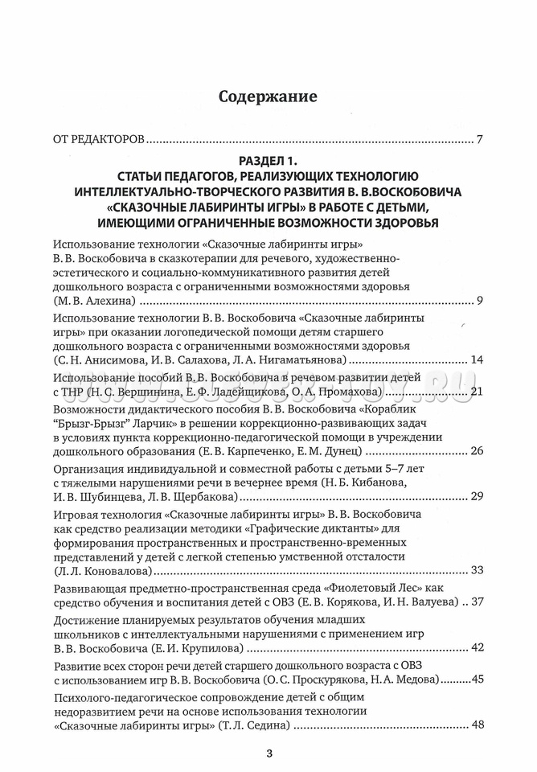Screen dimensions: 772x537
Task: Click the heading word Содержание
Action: [x=268, y=96]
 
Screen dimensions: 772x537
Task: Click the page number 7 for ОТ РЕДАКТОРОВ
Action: [x=479, y=140]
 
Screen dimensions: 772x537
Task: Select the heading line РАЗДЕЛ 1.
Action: [x=268, y=161]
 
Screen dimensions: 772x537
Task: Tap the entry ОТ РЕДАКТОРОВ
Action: [x=98, y=140]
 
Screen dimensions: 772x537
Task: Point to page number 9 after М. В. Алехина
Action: [x=479, y=301]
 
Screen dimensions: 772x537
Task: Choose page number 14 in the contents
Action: [x=476, y=358]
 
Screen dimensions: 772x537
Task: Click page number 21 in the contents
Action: [x=475, y=392]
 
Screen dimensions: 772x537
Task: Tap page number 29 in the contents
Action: [x=476, y=495]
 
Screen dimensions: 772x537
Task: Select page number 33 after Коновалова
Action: [x=476, y=570]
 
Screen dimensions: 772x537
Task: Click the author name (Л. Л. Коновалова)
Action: [x=102, y=570]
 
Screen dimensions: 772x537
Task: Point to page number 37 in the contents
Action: [x=476, y=602]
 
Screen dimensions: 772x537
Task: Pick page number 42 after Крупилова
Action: [x=476, y=647]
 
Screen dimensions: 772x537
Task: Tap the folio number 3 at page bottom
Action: [x=269, y=754]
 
